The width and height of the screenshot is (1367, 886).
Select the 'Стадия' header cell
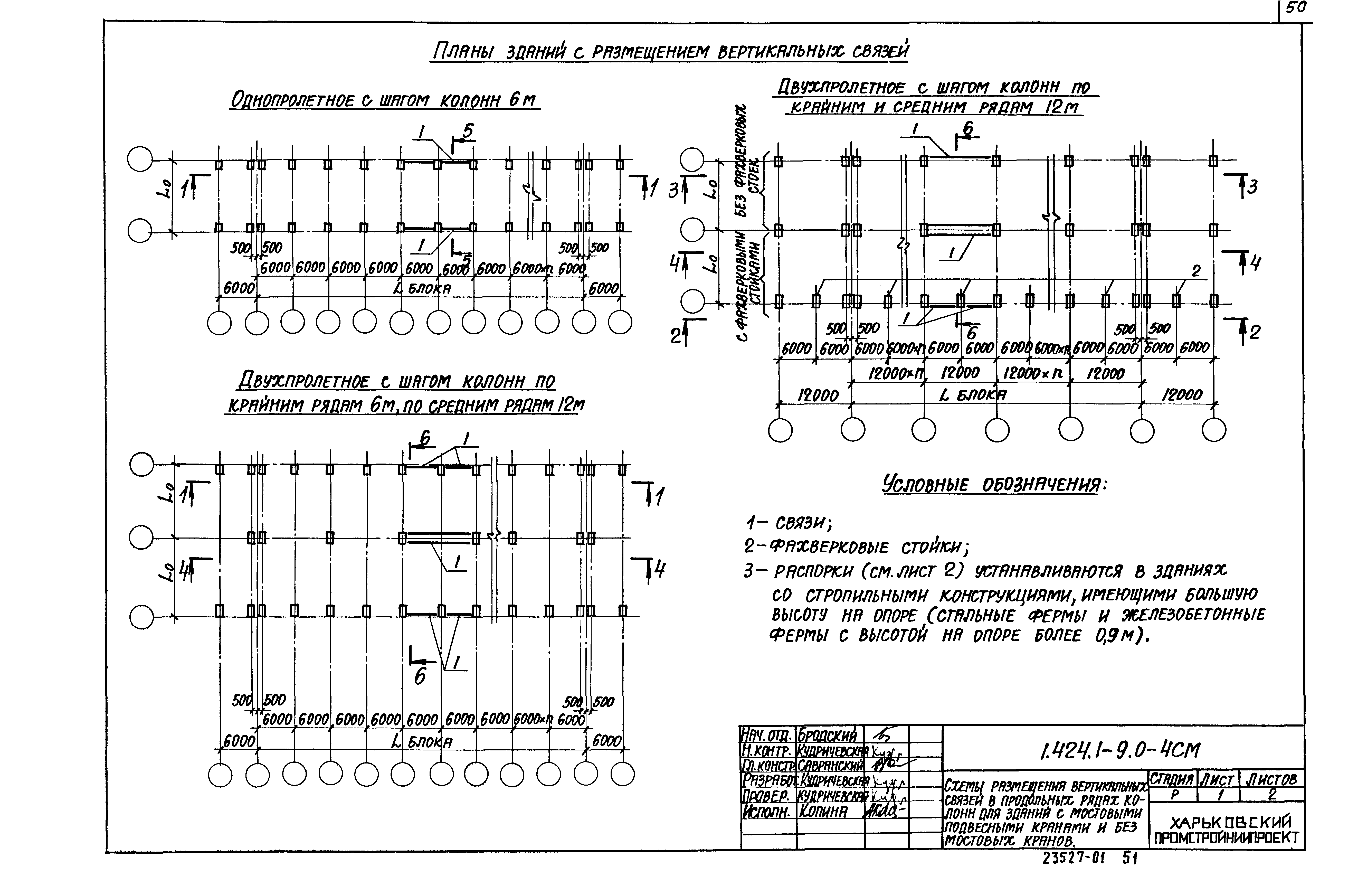tap(1172, 780)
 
